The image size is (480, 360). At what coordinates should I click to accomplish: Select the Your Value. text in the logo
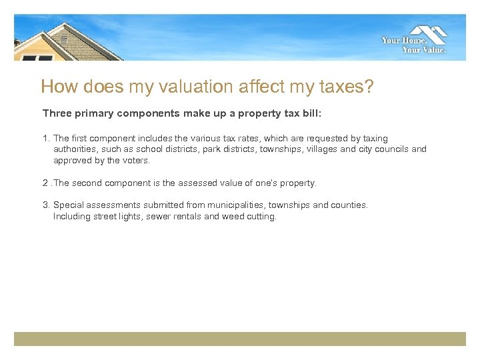[424, 49]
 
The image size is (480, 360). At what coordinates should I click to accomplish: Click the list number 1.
[46, 139]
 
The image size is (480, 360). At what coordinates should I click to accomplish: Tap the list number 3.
[46, 205]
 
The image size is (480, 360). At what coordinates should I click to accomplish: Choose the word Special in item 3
[68, 205]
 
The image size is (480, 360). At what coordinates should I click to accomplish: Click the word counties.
[349, 205]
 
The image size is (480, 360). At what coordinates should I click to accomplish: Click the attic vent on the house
[64, 39]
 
